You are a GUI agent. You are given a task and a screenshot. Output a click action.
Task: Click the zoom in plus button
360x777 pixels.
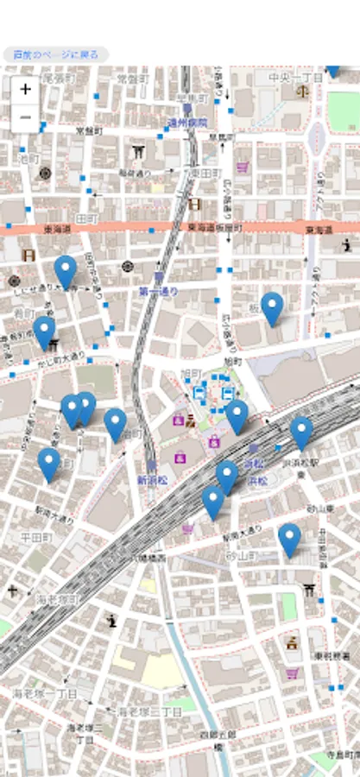tap(25, 89)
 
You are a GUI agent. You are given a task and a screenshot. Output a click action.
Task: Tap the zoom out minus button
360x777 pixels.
tap(25, 117)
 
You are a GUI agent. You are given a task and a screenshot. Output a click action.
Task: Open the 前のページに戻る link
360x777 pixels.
tap(56, 54)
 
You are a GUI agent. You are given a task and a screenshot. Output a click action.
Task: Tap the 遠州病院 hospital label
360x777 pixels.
tap(186, 123)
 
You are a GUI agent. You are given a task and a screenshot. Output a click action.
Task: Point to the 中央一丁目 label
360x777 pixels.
tap(294, 78)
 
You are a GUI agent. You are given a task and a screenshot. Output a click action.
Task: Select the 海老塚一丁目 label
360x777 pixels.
tap(44, 693)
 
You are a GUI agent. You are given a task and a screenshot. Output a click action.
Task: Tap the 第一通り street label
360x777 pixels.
tap(158, 292)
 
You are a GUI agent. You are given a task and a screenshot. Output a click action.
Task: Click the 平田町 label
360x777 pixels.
tap(37, 537)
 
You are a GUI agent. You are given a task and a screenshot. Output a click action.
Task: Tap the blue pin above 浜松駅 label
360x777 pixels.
tap(300, 432)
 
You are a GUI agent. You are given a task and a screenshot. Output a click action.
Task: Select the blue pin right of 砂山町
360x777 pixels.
tap(289, 540)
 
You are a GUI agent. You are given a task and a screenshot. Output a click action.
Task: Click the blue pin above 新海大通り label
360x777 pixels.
tap(49, 464)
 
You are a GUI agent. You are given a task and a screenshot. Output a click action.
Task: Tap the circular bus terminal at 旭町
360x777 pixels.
tap(213, 394)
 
